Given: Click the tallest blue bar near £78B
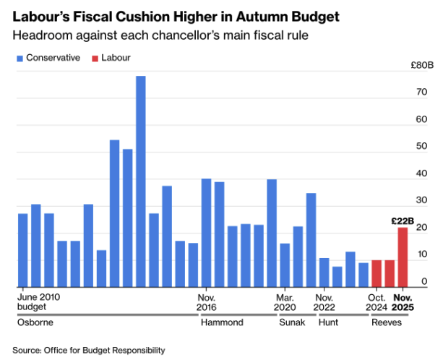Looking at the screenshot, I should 140,181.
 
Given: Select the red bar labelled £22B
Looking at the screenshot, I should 403,257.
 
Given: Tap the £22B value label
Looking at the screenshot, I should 403,221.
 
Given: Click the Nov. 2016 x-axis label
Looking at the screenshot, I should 207,301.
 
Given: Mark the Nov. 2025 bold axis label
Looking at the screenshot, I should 403,301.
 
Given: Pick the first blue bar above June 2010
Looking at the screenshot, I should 22,249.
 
